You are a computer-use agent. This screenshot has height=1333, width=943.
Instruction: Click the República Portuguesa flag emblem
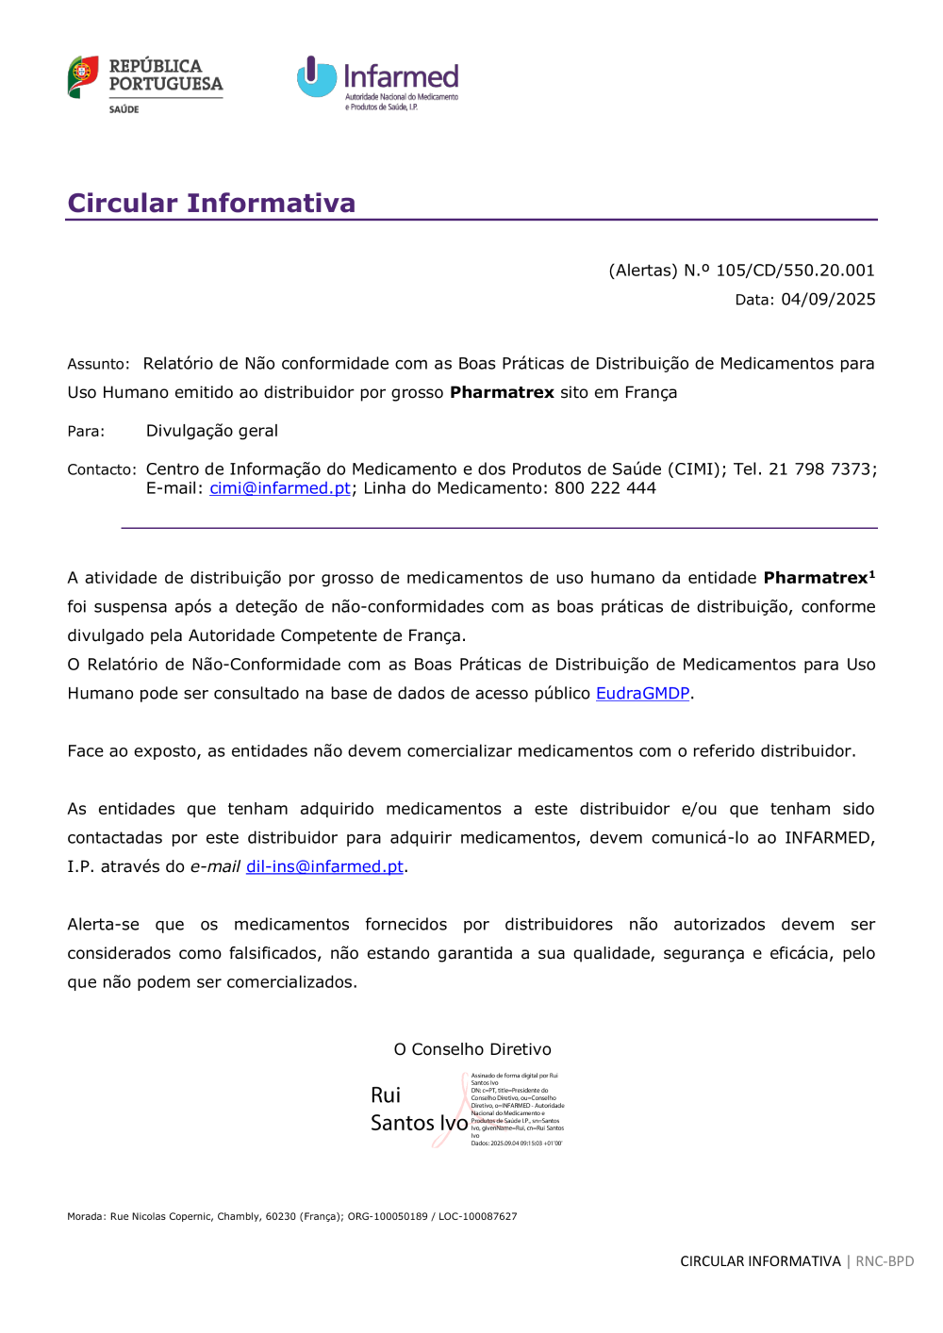pos(83,76)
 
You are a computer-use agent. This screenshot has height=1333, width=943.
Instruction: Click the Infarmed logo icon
pos(316,77)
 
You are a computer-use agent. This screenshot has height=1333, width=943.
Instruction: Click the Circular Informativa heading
pos(211,203)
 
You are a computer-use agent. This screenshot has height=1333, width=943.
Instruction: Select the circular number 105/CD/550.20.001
pos(795,271)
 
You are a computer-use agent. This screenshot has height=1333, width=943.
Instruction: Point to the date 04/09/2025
pos(828,300)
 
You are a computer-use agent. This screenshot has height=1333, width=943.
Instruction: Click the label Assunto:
pos(98,364)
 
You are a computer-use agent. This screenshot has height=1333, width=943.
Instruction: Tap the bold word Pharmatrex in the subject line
pos(502,392)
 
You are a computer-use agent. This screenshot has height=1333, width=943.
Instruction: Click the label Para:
pos(86,432)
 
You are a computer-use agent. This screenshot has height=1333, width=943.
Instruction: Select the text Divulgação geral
pos(212,431)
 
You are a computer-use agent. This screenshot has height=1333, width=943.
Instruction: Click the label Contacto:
pos(102,469)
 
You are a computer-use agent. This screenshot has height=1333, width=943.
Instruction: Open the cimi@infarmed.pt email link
pos(280,488)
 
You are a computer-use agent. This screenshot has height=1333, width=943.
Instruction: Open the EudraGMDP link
pos(642,694)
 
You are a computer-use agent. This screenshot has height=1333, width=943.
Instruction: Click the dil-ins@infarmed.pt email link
pos(324,866)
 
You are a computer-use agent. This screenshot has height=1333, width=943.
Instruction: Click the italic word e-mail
pos(215,866)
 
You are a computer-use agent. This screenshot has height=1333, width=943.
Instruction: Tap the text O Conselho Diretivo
pos(472,1049)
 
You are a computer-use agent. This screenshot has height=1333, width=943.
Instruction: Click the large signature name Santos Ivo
pos(419,1123)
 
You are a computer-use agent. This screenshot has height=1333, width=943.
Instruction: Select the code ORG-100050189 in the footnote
pos(388,1216)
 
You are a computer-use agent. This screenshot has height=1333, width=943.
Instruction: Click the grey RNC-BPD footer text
pos(885,1261)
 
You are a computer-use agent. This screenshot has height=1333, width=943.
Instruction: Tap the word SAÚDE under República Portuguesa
pos(124,110)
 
